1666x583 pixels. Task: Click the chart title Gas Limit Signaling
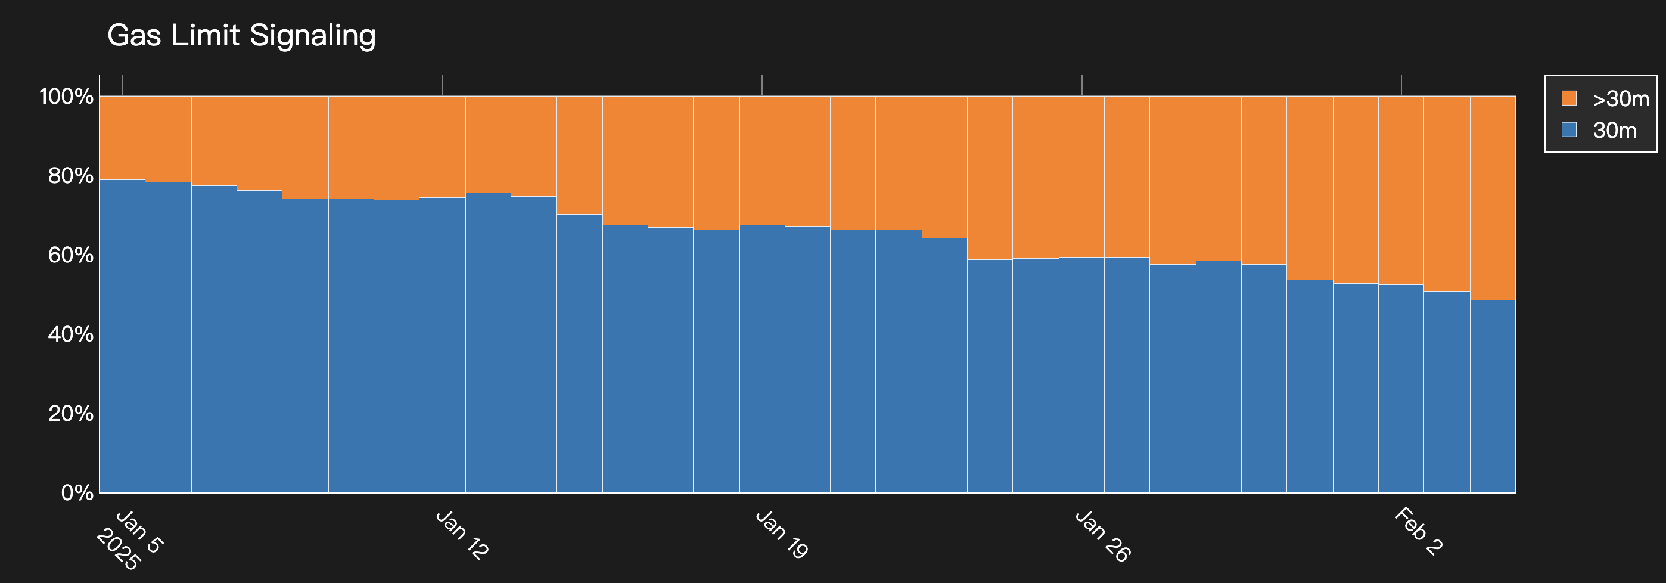(241, 36)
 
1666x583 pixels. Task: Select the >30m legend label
(1620, 99)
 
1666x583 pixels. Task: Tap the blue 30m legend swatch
(1569, 129)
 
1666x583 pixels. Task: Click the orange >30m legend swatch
(1569, 98)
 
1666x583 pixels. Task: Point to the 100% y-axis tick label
(67, 97)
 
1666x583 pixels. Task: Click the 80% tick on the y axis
(70, 176)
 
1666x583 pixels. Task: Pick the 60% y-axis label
(70, 255)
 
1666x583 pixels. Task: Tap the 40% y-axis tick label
(70, 334)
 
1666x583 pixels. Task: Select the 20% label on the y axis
(70, 414)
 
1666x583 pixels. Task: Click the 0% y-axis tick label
(77, 493)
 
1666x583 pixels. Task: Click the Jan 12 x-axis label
(462, 535)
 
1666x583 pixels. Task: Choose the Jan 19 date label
(781, 535)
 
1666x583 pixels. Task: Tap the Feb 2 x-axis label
(1418, 532)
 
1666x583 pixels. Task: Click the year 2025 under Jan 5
(117, 550)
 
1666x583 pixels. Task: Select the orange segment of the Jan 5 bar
(122, 137)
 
